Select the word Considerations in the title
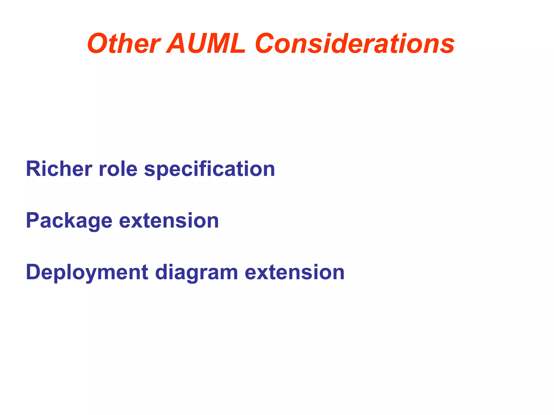point(355,44)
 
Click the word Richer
point(59,169)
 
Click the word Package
point(69,221)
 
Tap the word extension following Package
point(169,221)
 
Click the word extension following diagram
point(295,272)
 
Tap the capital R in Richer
point(33,169)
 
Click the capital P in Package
point(33,220)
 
